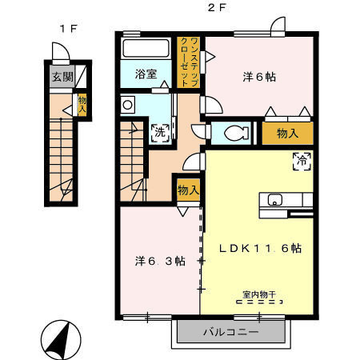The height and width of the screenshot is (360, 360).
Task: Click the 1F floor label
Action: point(67,28)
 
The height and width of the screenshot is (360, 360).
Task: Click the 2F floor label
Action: point(214,9)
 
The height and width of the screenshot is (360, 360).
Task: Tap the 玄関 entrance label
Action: point(60,78)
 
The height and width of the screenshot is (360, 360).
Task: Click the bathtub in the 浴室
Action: point(145,49)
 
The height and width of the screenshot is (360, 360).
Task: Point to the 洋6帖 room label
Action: point(259,77)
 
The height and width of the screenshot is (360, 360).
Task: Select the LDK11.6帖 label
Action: point(261,248)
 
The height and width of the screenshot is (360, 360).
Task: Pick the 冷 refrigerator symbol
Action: point(301,159)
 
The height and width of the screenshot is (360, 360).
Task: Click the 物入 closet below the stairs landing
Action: point(189,190)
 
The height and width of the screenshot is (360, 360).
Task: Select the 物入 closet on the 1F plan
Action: point(82,105)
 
